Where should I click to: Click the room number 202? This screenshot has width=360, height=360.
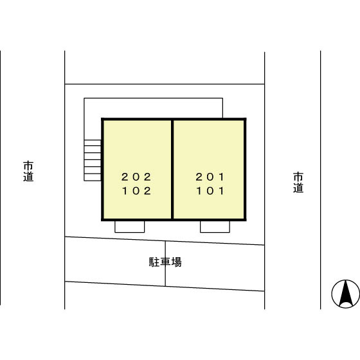136,177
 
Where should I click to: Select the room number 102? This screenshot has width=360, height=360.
136,191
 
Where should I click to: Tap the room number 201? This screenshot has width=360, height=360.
210,177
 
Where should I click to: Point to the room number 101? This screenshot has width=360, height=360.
210,191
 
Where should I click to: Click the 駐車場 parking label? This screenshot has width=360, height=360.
165,262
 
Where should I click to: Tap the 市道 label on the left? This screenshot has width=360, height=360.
28,171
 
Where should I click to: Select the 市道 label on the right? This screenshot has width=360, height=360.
298,183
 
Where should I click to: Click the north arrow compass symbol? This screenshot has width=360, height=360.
346,294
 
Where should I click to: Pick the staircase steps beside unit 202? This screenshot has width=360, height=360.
93,160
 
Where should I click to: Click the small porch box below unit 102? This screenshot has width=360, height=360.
129,226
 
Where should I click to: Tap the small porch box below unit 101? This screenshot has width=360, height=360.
215,226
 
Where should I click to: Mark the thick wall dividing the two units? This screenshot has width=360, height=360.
172,170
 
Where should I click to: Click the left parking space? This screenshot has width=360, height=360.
115,261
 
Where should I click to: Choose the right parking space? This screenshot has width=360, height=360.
215,266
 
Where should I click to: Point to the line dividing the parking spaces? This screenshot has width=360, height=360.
165,264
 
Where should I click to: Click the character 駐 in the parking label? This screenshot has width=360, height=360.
154,262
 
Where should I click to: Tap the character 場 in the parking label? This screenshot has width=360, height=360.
176,262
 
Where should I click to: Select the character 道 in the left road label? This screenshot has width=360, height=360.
28,177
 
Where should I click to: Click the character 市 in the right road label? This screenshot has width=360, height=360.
298,177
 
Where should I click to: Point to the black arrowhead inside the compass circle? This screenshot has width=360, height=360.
346,293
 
